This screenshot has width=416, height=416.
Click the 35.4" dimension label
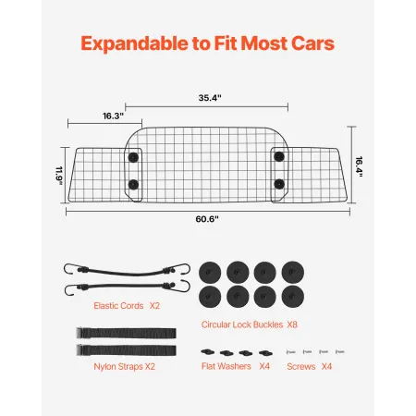pyautogui.click(x=210, y=98)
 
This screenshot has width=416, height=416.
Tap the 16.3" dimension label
pyautogui.click(x=113, y=116)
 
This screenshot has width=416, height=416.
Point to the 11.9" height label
pyautogui.click(x=59, y=176)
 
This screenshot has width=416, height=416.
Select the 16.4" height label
pyautogui.click(x=359, y=166)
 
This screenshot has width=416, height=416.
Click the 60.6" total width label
pyautogui.click(x=207, y=219)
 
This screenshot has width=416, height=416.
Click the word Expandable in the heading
pyautogui.click(x=135, y=43)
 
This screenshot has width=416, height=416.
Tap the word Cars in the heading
pyautogui.click(x=312, y=43)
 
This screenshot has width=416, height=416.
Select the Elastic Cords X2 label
pyautogui.click(x=127, y=306)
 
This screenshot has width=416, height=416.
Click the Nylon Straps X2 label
pyautogui.click(x=124, y=367)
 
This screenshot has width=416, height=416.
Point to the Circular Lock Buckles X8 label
pyautogui.click(x=250, y=324)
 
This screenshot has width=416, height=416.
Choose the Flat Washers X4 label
pyautogui.click(x=236, y=366)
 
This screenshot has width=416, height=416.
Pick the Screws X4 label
pyautogui.click(x=309, y=366)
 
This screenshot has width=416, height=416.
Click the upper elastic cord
pyautogui.click(x=127, y=272)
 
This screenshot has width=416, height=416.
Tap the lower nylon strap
pyautogui.click(x=127, y=350)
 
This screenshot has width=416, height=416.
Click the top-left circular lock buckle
pyautogui.click(x=210, y=273)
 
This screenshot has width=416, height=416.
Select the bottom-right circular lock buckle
pyautogui.click(x=293, y=297)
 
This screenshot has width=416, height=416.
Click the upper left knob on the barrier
pyautogui.click(x=133, y=157)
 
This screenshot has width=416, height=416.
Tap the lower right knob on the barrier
pyautogui.click(x=279, y=184)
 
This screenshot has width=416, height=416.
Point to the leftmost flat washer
pyautogui.click(x=208, y=351)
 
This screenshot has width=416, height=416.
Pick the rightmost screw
pyautogui.click(x=340, y=351)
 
